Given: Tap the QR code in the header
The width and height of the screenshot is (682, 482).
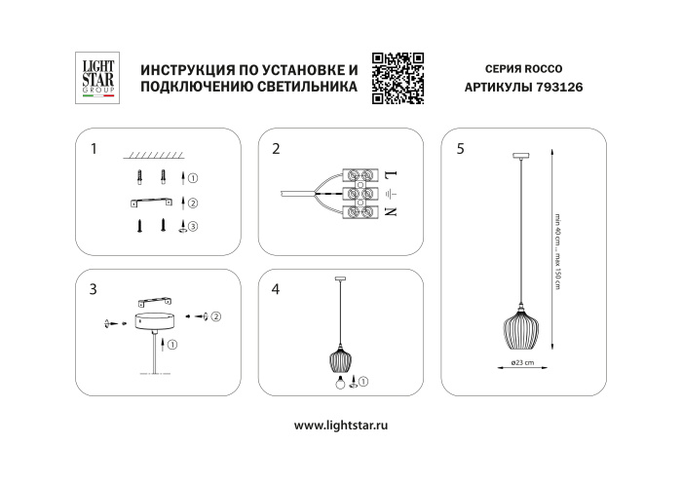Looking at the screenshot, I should coord(399,77).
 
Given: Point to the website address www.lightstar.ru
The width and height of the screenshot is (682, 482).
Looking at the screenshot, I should coord(341,426).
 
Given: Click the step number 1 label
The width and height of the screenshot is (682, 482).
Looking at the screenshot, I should coord(93,150).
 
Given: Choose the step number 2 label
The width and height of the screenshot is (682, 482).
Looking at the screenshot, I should coord(277,150).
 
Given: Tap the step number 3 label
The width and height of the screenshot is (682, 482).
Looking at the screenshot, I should coord(93,289).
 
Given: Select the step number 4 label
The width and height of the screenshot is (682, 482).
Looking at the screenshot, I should coord(277,289).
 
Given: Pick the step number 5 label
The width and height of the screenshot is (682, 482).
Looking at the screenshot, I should coord(460,150).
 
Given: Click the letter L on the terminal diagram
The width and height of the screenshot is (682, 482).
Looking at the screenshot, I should coord(391,175).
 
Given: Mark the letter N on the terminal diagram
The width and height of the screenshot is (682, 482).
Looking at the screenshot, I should coord(391,211).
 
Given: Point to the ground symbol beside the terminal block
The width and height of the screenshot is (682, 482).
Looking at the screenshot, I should coord(391,194).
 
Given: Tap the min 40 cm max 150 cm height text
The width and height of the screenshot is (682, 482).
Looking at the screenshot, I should coord(558,248).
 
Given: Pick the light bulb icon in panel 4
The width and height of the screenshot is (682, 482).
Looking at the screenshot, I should coord(342,381).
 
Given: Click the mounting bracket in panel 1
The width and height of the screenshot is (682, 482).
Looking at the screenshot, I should coord(154,203).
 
